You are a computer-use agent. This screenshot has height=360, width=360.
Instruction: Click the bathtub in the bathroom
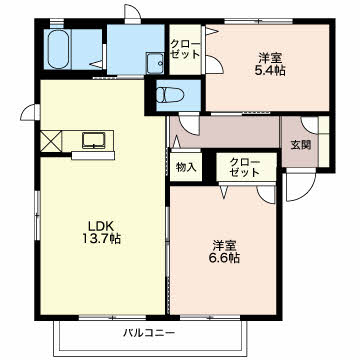[x=60, y=49]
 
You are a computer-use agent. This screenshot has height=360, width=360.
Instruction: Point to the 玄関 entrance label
[x=300, y=144]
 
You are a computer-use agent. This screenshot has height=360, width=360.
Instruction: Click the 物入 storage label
[x=186, y=165]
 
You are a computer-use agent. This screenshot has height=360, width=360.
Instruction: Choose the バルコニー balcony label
[x=150, y=330]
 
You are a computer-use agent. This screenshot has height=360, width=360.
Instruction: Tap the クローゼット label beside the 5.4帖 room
[x=183, y=49]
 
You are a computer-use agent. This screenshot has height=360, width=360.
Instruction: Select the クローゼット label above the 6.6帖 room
[x=242, y=166]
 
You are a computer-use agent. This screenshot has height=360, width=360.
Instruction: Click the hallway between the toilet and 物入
[x=220, y=132]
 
